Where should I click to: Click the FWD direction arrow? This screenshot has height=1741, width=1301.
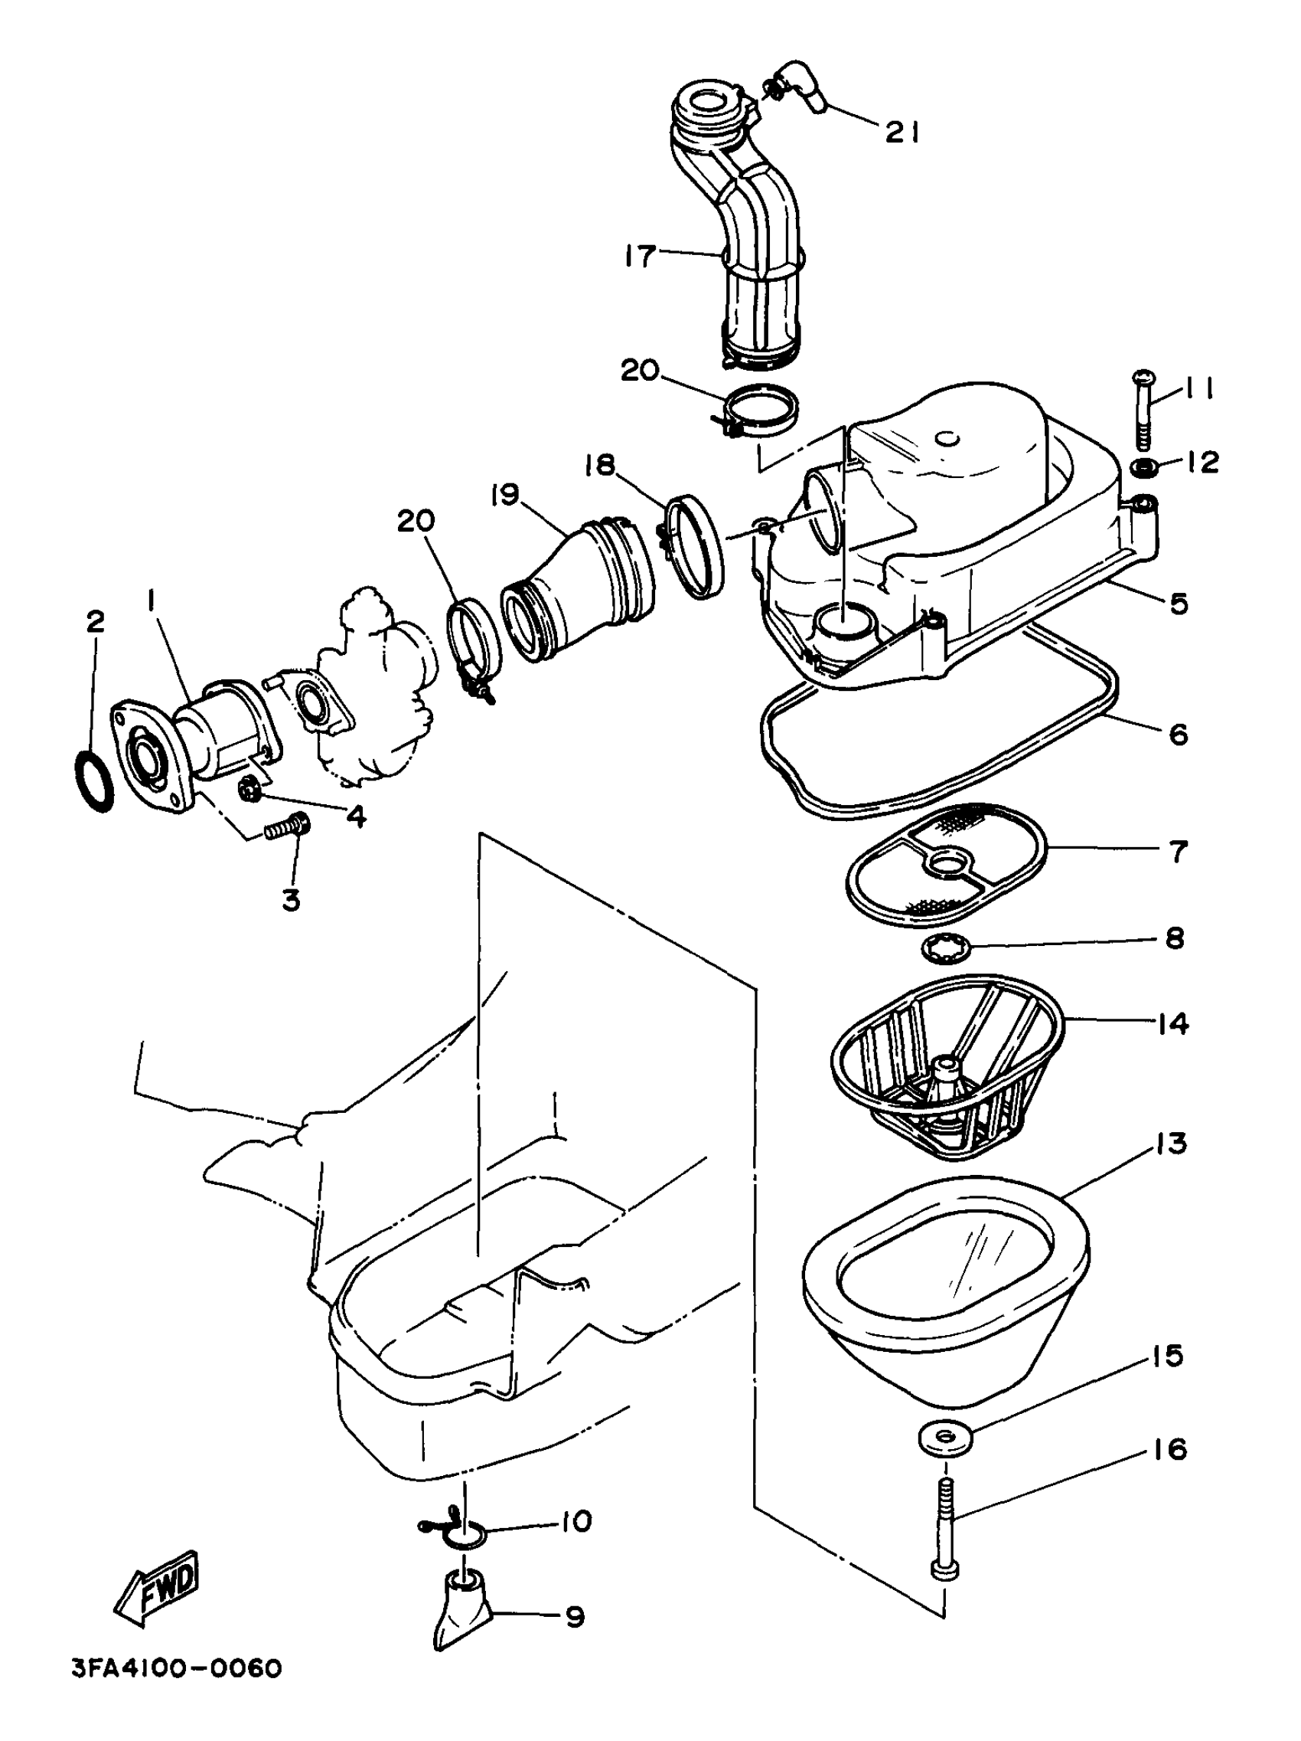click(x=158, y=1587)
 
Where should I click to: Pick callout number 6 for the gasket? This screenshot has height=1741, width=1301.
click(x=1177, y=734)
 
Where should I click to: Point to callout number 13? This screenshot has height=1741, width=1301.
click(x=1171, y=1143)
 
